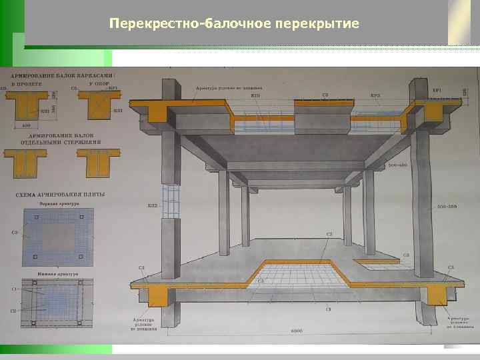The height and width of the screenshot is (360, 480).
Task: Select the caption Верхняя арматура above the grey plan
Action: click(56, 203)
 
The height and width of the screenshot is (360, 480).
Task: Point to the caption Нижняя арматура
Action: click(56, 273)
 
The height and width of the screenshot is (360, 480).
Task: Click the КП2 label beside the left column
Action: click(152, 207)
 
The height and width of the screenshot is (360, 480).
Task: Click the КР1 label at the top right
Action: click(437, 90)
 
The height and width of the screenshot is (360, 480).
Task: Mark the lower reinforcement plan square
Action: click(56, 304)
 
